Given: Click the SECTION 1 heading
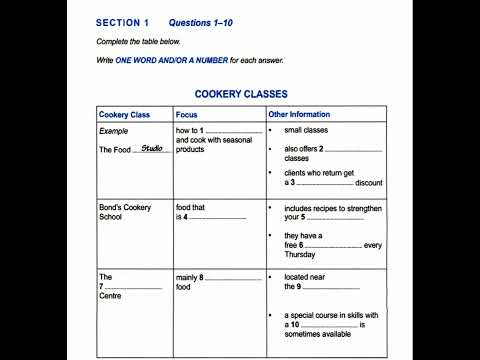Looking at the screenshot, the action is pos(122,22).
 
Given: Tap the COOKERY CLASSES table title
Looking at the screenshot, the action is pos(240,94).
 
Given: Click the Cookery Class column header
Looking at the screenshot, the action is pos(124,115).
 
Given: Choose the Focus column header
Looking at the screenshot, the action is pos(187,115).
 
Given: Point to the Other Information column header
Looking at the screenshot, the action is pos(299,115).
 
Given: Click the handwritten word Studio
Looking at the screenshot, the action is pos(152,148).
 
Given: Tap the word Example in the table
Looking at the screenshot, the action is pos(114,131).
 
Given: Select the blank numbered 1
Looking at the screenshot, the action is pos(234,133).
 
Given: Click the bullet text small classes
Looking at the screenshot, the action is pos(308,131).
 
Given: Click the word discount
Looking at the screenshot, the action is pos(369,183).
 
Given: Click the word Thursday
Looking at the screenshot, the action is pos(304,254).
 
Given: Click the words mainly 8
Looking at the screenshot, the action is pos(190,277).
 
